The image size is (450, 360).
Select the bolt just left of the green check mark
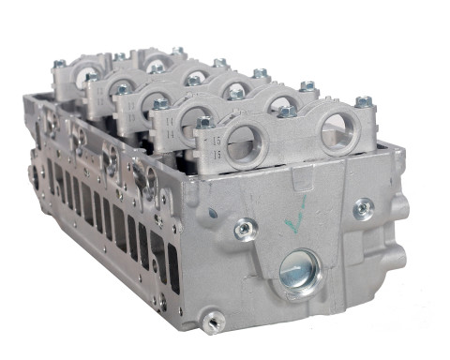click(x=246, y=227)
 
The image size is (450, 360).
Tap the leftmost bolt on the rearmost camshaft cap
click(x=58, y=64)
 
